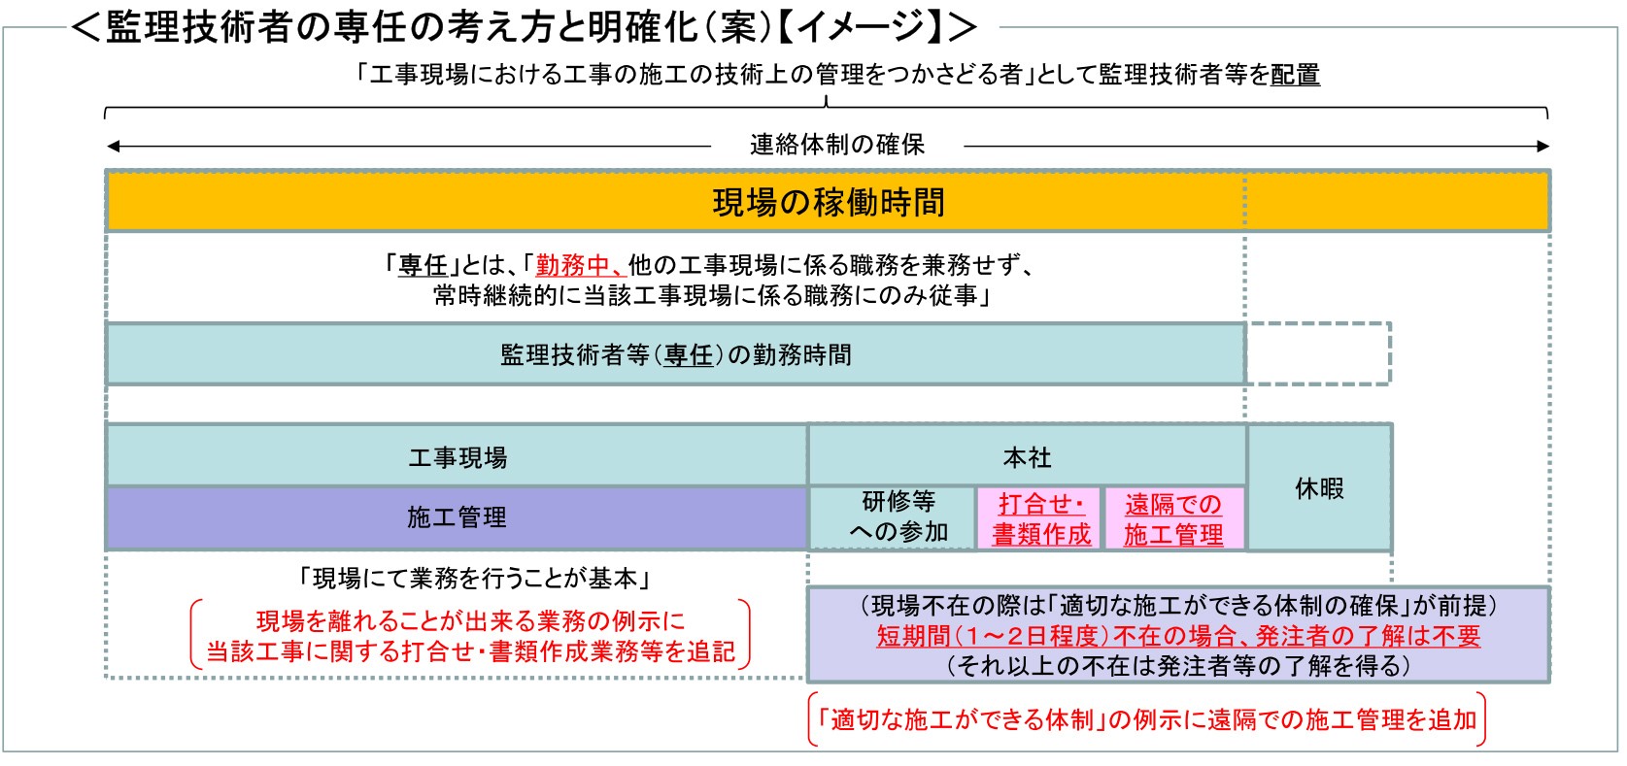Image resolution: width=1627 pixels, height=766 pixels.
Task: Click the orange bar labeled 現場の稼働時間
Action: [x=828, y=201]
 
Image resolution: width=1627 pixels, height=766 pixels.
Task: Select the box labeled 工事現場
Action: [x=457, y=456]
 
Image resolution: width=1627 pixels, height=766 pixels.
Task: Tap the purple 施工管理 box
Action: [x=457, y=517]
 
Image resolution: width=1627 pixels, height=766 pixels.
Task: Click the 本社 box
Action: [x=1027, y=456]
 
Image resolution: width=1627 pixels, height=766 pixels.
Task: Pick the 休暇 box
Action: [x=1320, y=488]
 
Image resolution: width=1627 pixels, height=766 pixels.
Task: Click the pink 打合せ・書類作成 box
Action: [x=1040, y=518]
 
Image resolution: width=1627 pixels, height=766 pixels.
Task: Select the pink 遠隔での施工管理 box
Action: [x=1173, y=518]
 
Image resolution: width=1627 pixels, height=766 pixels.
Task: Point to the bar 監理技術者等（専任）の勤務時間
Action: [x=675, y=354]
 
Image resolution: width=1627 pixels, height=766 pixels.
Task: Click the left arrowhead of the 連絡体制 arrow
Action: [x=113, y=147]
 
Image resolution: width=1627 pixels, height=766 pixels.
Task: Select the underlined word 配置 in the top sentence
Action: [x=1295, y=75]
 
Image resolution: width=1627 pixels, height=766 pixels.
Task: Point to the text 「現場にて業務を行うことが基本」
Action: [x=475, y=579]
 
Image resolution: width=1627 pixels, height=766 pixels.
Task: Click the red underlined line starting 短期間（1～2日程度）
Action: [x=1178, y=636]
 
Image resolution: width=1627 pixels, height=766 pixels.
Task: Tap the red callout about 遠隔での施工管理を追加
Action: [x=1147, y=719]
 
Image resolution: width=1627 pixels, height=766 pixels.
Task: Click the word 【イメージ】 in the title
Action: [x=860, y=27]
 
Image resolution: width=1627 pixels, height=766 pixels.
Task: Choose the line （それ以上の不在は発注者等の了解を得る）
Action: [x=1178, y=665]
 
